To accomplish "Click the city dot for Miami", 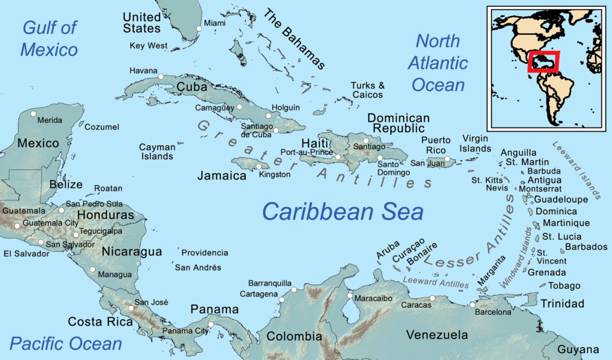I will point(200,29).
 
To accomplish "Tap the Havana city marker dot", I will point(161,76).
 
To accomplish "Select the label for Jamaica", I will point(222,175).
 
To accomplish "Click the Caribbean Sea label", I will point(342,211).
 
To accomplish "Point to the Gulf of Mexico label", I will point(49,38).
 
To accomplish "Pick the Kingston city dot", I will point(258,166).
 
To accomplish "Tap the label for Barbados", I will point(586,247).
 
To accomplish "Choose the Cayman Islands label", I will point(157,152).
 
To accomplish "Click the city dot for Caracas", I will point(432,298).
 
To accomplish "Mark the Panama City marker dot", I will point(211,324).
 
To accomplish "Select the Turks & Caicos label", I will point(367,90).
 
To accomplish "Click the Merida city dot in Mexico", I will point(33,113).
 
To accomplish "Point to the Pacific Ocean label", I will point(66,344).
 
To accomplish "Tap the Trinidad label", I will point(562,303).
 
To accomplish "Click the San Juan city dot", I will point(448,159).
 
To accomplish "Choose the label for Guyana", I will point(578,349).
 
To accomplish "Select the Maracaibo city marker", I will point(349,296).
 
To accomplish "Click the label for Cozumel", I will point(102,127).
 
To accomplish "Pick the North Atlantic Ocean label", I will point(439,62).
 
